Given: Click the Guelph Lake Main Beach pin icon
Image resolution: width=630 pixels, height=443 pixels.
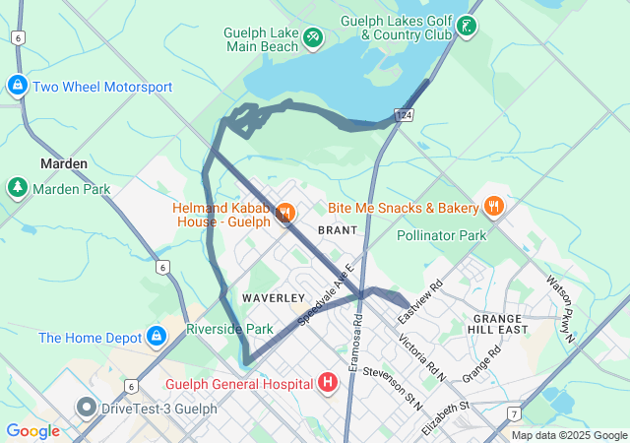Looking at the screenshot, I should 313,37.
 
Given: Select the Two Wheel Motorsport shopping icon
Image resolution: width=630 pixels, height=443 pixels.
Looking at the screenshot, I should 17,87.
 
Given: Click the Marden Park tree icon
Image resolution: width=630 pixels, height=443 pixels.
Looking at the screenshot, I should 17,187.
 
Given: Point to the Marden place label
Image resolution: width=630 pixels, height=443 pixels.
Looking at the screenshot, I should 64,163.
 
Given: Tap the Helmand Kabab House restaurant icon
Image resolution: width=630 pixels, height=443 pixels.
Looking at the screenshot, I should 285,213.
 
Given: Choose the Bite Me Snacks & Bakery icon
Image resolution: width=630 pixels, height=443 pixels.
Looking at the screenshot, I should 494,207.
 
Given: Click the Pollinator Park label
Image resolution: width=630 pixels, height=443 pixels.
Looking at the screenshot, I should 442,236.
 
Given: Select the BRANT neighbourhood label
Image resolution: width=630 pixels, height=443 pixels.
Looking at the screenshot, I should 338,229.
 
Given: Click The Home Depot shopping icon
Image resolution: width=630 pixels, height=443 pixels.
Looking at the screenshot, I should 155,338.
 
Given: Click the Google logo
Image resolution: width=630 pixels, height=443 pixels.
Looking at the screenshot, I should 32,430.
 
